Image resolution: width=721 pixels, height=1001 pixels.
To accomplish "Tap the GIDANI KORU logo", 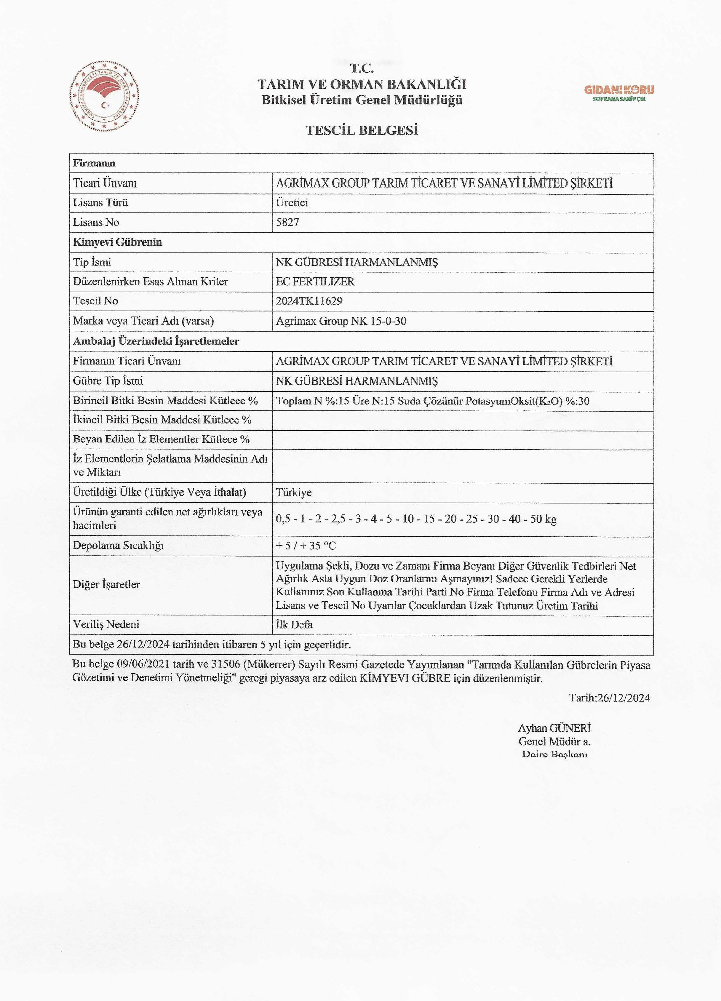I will coord(619,92).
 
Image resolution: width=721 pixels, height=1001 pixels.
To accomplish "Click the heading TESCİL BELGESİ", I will coord(361,130).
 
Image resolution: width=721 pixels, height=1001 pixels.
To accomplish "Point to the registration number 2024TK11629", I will coord(309,301).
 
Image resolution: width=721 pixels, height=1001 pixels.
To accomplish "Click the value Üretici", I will coord(292,203).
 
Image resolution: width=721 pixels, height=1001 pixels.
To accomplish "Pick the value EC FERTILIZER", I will coord(315,282).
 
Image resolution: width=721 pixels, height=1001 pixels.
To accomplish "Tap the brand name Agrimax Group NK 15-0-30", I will coord(340,321).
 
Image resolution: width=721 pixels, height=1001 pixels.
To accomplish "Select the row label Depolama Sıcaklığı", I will coord(118,546).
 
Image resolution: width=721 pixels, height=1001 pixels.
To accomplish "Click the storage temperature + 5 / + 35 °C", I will coord(306,546).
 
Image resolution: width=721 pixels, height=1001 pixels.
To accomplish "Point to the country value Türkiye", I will coord(293,492).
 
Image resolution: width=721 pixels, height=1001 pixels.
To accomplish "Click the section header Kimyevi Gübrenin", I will coord(117,242).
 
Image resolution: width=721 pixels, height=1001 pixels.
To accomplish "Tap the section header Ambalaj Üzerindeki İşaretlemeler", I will coord(156,341).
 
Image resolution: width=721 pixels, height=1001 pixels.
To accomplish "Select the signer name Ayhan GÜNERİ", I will coord(554,728).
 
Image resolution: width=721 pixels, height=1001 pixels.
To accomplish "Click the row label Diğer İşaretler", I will coord(106,585).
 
